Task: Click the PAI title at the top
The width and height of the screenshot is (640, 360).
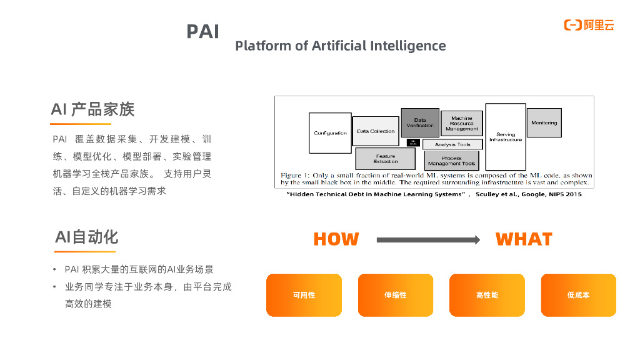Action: tap(203, 32)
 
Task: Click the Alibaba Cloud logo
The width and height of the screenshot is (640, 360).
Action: tap(589, 25)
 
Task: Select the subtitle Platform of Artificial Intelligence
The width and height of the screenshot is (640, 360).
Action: tap(341, 46)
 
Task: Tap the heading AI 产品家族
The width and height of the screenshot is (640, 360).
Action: tap(92, 109)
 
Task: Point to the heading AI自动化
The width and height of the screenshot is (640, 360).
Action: tap(86, 237)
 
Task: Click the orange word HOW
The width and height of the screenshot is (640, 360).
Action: tap(336, 239)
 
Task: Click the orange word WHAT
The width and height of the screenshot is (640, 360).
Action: tap(524, 239)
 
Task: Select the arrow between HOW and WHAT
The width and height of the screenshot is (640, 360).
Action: tap(428, 239)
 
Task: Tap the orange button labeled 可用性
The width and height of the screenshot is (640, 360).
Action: tap(304, 295)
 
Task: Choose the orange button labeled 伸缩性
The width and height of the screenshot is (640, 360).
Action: tap(396, 295)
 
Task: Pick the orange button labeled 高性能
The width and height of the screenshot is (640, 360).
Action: tap(487, 295)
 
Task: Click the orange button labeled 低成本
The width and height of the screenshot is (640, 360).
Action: tap(578, 295)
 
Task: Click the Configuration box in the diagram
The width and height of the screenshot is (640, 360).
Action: tap(330, 133)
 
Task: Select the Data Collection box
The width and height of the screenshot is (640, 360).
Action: tap(376, 131)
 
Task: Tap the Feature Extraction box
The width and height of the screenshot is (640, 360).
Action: tap(386, 159)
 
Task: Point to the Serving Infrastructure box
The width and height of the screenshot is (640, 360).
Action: tap(506, 136)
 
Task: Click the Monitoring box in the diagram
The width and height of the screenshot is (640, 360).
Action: tap(544, 122)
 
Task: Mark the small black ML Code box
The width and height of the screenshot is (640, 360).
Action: tap(412, 142)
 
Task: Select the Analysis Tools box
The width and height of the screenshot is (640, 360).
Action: tap(452, 144)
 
